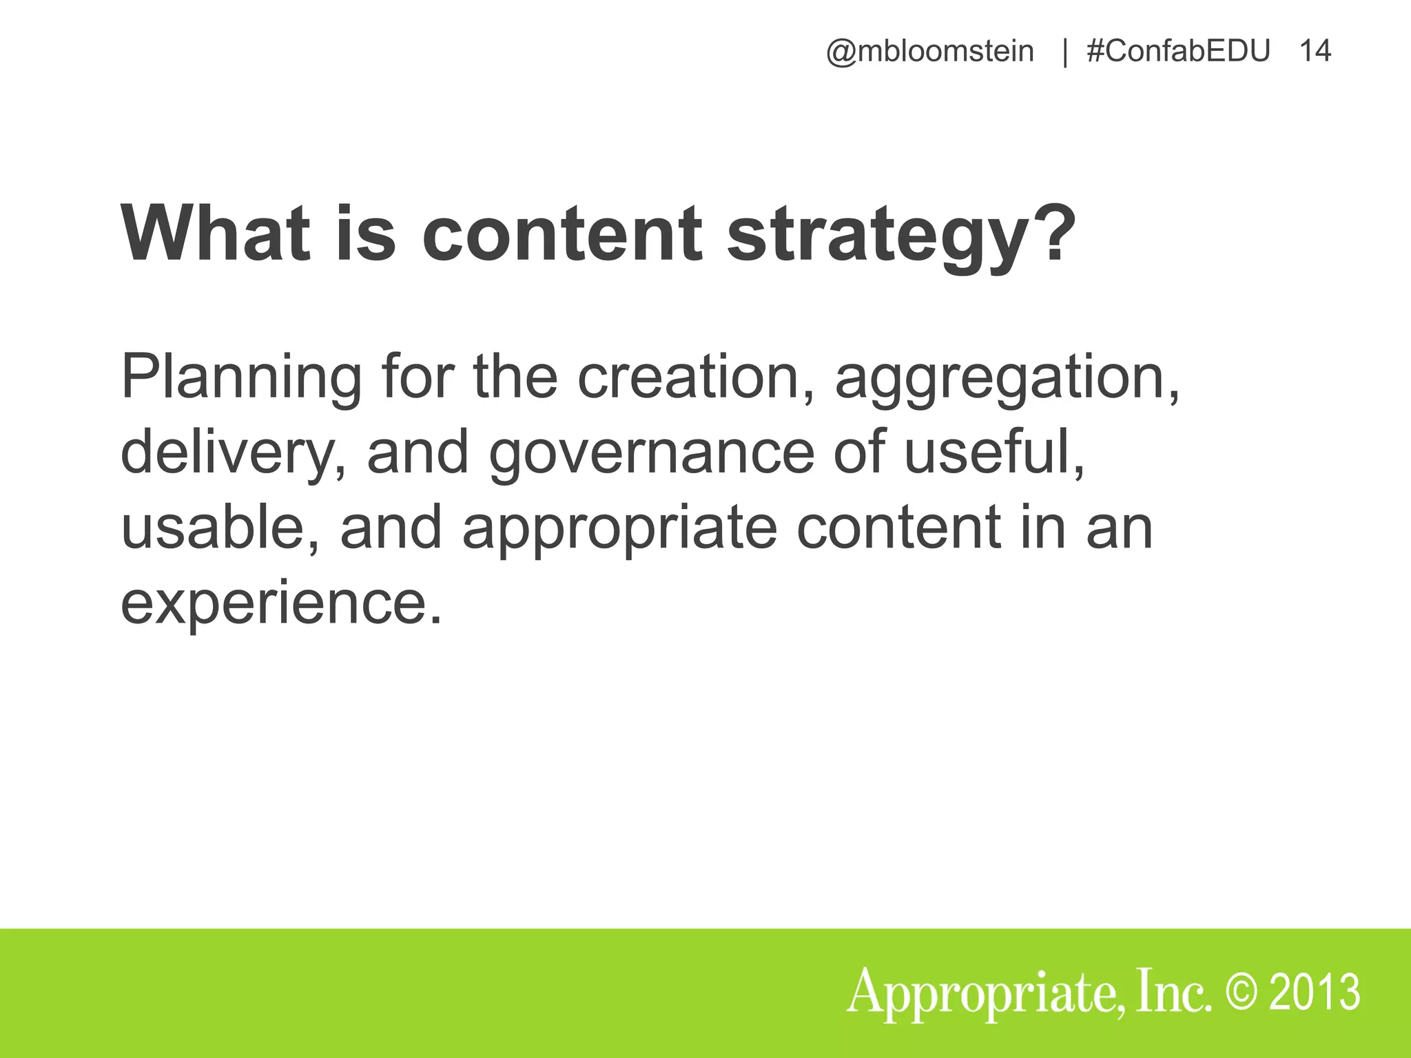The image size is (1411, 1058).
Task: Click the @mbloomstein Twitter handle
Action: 929,52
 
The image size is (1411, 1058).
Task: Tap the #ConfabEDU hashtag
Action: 1177,52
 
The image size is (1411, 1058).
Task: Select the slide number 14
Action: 1315,52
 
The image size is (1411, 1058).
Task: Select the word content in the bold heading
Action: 562,234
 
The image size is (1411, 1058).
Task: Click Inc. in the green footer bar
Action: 1174,993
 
